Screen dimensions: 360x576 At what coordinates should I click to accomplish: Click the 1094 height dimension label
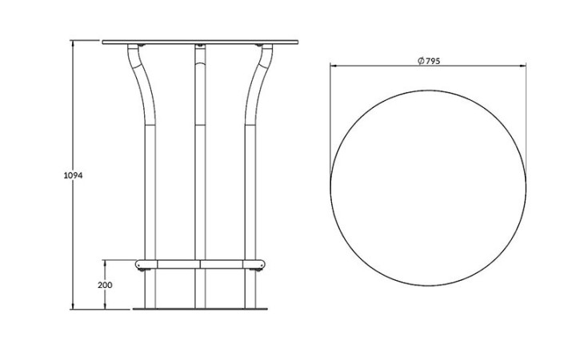73,175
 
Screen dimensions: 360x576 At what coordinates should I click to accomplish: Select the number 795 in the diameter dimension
433,62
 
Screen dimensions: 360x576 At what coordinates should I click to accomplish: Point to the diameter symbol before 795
421,62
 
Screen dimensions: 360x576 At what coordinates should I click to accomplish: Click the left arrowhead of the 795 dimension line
334,66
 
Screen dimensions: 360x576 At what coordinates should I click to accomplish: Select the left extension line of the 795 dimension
330,120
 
